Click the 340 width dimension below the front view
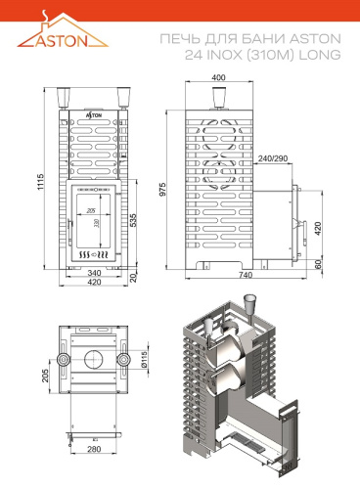[x=94, y=273]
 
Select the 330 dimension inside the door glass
[x=96, y=223]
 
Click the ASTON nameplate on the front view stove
[x=94, y=113]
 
